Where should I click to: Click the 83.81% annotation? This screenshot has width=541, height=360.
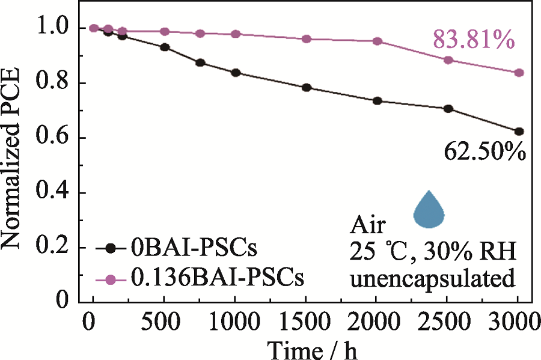click(473, 41)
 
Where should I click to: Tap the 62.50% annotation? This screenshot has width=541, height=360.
click(485, 152)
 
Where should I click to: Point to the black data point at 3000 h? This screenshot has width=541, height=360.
click(519, 131)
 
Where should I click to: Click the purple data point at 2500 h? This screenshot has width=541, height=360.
click(448, 60)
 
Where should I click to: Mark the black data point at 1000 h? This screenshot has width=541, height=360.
click(236, 73)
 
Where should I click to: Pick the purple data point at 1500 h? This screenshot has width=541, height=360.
click(307, 39)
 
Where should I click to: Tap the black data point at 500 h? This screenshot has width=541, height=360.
click(165, 47)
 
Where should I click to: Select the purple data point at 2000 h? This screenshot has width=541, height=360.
click(377, 41)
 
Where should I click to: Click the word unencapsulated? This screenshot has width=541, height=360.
click(433, 279)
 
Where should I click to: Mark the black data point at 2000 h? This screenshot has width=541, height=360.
click(377, 101)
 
